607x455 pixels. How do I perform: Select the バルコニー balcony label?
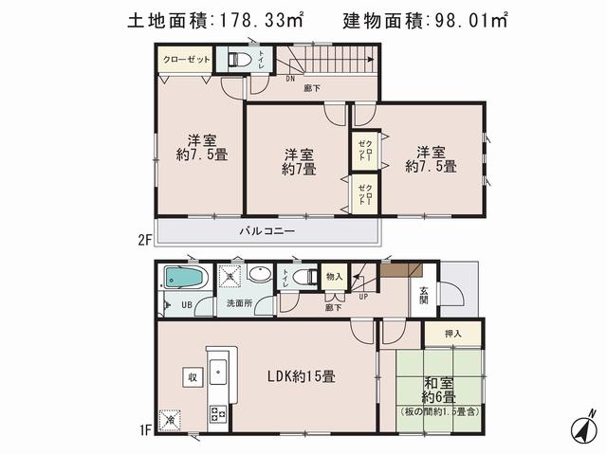(267, 231)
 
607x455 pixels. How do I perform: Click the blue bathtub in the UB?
(181, 279)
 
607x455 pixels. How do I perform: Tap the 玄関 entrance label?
(423, 296)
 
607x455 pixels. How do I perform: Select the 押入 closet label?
(453, 334)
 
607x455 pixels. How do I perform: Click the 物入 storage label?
(333, 276)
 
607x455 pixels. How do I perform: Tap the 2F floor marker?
(145, 239)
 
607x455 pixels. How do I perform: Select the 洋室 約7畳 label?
(299, 162)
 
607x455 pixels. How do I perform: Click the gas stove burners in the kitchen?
(217, 414)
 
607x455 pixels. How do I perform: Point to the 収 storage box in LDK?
(191, 376)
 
